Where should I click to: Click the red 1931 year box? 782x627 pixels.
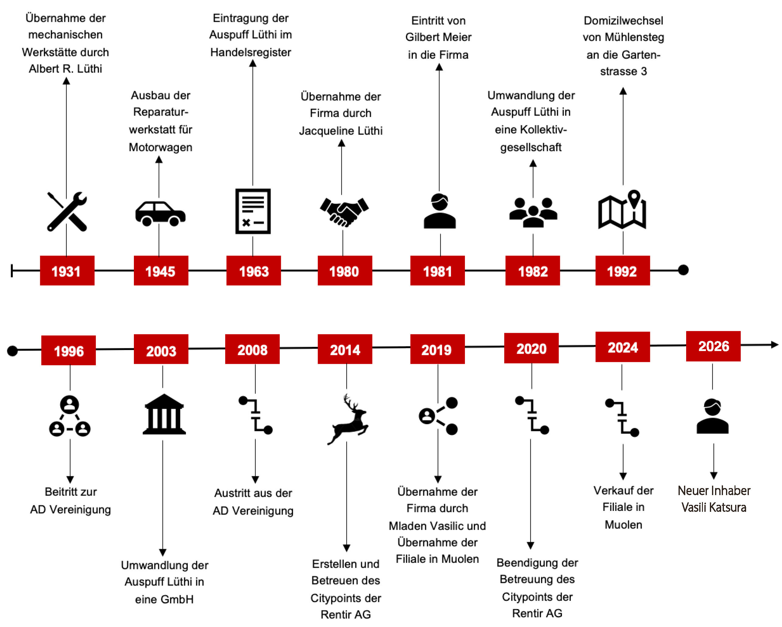coord(67,270)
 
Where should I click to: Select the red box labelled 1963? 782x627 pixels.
coord(253,270)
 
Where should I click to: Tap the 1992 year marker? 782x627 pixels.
coord(623,270)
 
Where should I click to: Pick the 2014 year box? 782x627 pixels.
coord(345,349)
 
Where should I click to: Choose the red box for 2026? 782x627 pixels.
coord(713,346)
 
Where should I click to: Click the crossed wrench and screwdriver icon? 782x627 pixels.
coord(67,212)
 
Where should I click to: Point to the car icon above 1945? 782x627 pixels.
coord(160,214)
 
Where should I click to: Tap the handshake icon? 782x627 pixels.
coord(344,212)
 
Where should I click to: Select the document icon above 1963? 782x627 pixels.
coord(253,211)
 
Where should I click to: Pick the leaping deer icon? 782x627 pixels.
coord(348,419)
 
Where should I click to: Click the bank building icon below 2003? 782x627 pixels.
coord(164,414)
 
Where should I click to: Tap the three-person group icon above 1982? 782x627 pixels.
coord(533,212)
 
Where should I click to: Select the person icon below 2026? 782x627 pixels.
coord(712,416)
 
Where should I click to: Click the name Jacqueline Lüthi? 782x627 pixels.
coord(340,130)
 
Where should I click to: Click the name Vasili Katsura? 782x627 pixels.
coord(714,507)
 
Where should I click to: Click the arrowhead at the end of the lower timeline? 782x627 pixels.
coord(775,344)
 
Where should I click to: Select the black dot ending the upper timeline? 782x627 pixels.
coord(683,270)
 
